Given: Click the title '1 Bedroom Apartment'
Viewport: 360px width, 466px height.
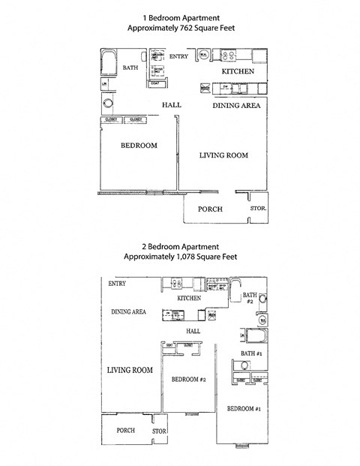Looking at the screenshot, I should (x=179, y=17).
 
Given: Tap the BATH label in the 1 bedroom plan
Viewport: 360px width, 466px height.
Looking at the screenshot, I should (x=130, y=68).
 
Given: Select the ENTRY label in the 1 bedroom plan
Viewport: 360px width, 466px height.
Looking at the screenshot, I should (x=178, y=56).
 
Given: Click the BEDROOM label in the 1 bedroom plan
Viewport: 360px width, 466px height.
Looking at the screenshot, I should (x=139, y=146).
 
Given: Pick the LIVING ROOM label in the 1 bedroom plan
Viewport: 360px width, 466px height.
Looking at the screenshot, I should (x=223, y=155).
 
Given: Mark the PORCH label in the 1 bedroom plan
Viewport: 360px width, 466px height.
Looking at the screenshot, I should (x=209, y=209).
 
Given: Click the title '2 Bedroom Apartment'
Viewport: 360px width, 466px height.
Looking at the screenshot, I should (x=180, y=246).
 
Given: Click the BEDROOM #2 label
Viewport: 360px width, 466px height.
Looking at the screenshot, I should (x=188, y=380).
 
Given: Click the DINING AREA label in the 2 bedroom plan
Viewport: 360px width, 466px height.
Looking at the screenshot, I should (x=129, y=311).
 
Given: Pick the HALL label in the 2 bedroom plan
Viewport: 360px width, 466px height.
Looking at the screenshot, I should (x=193, y=329).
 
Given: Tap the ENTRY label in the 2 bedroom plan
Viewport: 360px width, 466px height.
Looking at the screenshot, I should (x=116, y=284).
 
